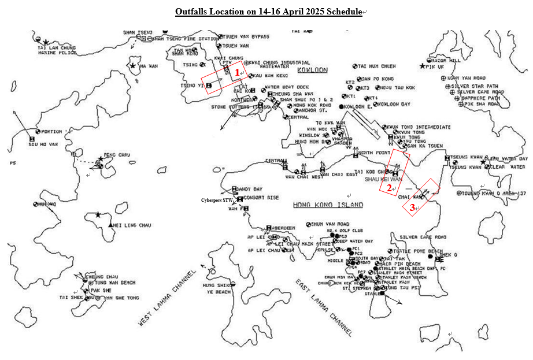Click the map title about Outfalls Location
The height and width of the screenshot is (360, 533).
pyautogui.click(x=269, y=12)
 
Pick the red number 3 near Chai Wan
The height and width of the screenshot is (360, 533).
pyautogui.click(x=412, y=207)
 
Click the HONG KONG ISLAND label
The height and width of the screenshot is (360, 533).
pyautogui.click(x=328, y=205)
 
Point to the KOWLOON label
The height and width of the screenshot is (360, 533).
pyautogui.click(x=312, y=70)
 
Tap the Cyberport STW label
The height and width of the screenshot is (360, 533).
pyautogui.click(x=217, y=200)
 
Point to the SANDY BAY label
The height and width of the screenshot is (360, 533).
pyautogui.click(x=250, y=189)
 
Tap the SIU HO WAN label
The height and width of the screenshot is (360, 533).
pyautogui.click(x=44, y=144)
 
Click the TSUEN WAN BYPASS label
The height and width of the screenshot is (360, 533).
pyautogui.click(x=247, y=36)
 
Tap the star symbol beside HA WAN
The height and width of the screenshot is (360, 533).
pyautogui.click(x=134, y=66)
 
